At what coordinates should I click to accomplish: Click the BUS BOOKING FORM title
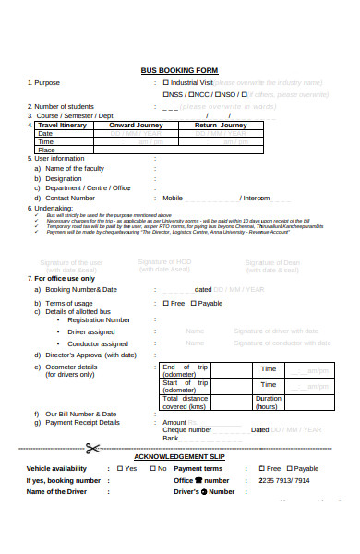tap(179, 70)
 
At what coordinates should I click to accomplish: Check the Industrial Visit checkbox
tap(166, 82)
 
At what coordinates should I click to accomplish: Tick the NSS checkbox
tap(166, 94)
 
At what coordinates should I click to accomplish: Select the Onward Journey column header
tap(136, 125)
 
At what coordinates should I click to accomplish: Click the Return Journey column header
tap(220, 125)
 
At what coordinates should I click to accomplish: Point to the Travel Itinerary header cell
tap(64, 125)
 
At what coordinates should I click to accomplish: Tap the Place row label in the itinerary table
tap(46, 150)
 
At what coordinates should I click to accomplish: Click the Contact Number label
tap(70, 198)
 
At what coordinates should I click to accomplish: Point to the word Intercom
tap(258, 198)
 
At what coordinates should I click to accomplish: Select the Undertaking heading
tap(55, 209)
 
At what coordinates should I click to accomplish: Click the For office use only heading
tap(65, 278)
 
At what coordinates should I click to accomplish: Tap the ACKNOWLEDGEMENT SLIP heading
tap(179, 457)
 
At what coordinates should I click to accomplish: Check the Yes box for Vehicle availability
tap(119, 468)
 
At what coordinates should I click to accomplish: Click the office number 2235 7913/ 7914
tap(283, 480)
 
